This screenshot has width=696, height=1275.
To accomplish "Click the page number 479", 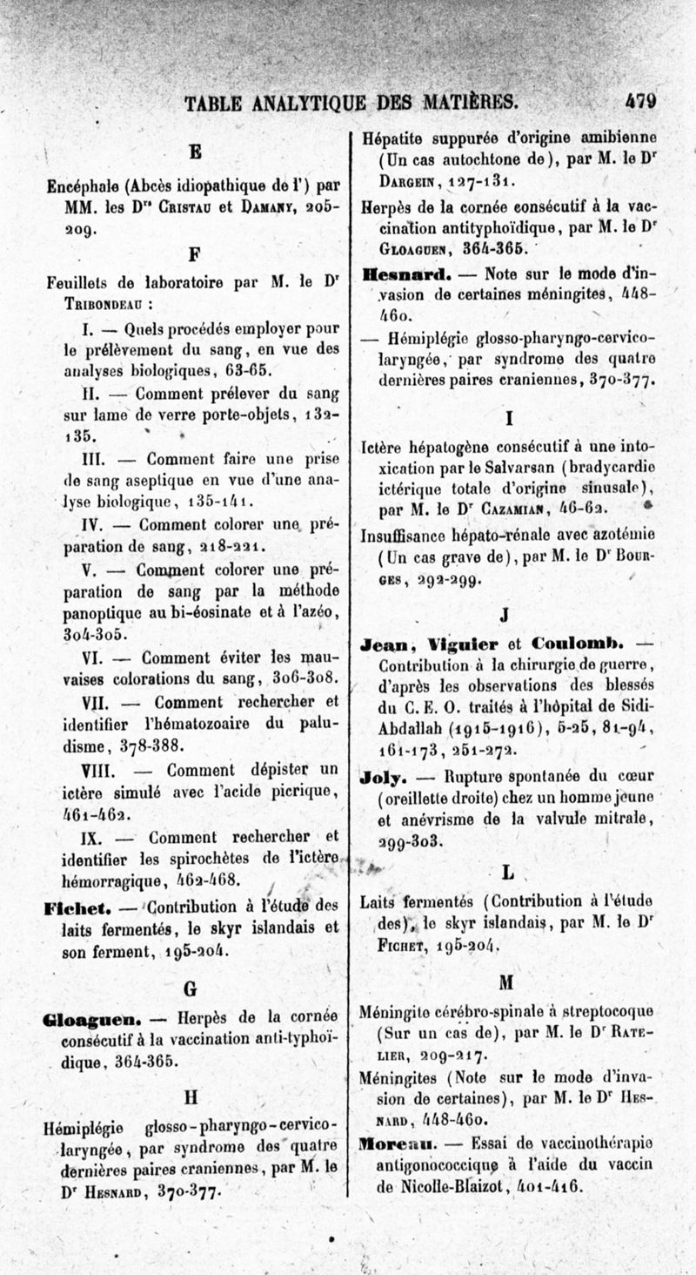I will click(639, 102).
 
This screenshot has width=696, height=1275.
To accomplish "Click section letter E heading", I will click(196, 152).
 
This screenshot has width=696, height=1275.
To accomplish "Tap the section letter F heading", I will click(195, 254).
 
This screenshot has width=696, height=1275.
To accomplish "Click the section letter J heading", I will click(505, 616).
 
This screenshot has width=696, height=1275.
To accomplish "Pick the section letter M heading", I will click(508, 982).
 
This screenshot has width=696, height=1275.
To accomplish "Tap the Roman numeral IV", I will click(93, 525).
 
